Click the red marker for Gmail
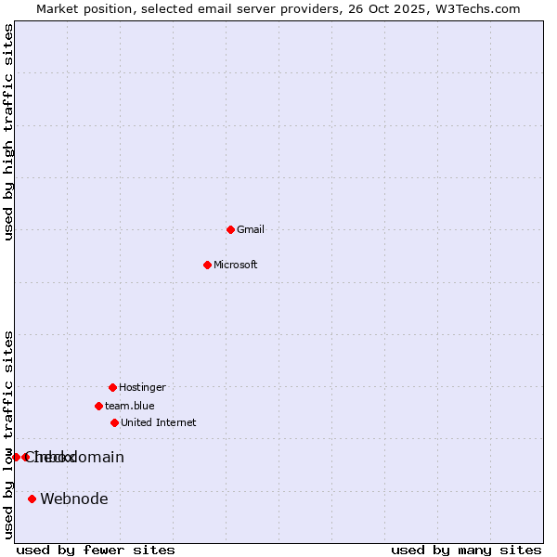[230, 229]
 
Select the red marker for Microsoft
[207, 265]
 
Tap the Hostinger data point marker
[112, 387]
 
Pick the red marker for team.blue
[98, 406]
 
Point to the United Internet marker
[114, 422]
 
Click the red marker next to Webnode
[32, 499]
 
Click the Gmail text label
[251, 229]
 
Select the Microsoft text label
[236, 265]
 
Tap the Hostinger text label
[142, 387]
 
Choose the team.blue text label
[130, 406]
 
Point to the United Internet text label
[159, 422]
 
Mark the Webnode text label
[74, 499]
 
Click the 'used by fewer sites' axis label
[96, 550]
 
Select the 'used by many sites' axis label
[466, 550]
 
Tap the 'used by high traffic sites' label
[9, 132]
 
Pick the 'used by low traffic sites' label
[9, 434]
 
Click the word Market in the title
[58, 8]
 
